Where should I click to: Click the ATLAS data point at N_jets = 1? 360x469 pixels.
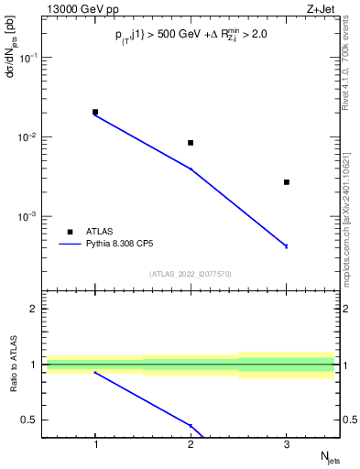95,112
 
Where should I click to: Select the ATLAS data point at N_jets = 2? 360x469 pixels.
191,143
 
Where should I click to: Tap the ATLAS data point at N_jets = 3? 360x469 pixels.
286,182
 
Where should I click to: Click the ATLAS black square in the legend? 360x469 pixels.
70,232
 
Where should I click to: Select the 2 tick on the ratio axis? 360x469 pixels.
38,309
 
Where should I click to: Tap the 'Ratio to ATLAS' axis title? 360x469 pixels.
12,365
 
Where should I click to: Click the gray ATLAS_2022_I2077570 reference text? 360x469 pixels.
191,274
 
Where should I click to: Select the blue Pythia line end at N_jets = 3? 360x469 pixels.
286,245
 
